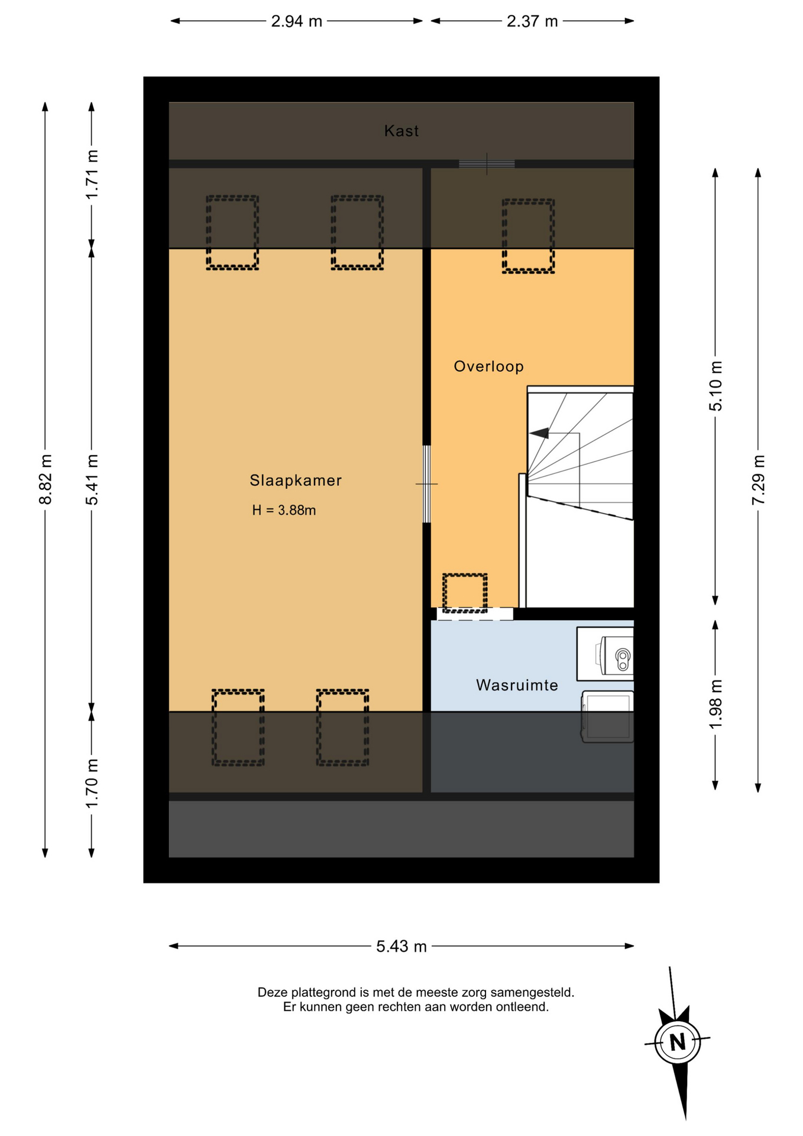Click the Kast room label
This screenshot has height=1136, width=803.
(401, 131)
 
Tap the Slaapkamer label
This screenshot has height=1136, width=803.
(296, 480)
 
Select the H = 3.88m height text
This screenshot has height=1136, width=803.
(284, 510)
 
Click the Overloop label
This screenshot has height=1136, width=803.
(488, 366)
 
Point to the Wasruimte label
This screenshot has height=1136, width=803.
(517, 685)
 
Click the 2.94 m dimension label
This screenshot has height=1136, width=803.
(296, 21)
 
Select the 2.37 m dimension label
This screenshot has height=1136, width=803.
(532, 21)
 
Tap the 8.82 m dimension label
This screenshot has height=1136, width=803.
(45, 480)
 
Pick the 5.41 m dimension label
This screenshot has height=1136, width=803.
(92, 480)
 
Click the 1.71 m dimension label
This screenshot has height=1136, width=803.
(92, 175)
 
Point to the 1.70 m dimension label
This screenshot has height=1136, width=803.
(92, 783)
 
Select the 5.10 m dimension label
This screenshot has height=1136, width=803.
(715, 386)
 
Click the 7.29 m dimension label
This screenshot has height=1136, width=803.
(758, 480)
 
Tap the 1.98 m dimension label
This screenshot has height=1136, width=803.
(715, 705)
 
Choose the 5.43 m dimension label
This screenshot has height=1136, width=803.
(401, 947)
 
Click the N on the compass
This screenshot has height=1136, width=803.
(678, 1041)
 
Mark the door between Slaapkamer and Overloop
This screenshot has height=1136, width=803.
(426, 484)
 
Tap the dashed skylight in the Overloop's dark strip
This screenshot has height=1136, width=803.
(528, 236)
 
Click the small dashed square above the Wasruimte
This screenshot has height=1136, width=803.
(465, 593)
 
